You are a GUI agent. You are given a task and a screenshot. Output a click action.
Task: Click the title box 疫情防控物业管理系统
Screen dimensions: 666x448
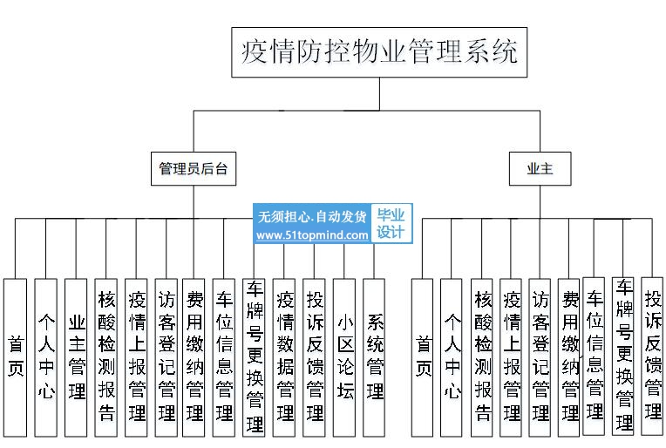[379, 52]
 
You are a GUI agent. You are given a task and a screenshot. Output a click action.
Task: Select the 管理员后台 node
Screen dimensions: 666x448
[194, 168]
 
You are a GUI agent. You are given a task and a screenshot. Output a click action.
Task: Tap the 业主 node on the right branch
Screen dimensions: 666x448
[540, 168]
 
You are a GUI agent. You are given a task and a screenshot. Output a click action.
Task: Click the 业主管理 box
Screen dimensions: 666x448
[76, 357]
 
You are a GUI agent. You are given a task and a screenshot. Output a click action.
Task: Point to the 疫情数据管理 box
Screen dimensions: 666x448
[284, 357]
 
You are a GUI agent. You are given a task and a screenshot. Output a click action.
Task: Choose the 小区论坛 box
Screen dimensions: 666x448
[344, 357]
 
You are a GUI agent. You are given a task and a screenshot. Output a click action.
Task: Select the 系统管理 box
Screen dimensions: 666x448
[374, 357]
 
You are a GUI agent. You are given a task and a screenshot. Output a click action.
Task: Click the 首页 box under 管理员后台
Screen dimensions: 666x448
[16, 357]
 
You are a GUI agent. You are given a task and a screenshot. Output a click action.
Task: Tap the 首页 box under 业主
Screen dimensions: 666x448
[423, 357]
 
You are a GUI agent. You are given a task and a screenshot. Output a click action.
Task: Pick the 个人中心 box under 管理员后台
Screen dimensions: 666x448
[46, 357]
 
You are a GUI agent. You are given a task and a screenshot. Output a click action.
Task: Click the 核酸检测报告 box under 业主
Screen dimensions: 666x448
[482, 357]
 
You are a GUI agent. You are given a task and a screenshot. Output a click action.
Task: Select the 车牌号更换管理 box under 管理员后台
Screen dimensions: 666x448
[254, 357]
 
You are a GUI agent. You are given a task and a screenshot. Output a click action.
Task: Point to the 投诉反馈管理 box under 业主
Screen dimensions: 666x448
[652, 356]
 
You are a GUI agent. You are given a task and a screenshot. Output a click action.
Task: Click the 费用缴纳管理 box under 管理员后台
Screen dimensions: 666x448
[194, 357]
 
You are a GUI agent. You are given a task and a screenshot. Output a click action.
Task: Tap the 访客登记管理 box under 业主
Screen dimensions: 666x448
[540, 357]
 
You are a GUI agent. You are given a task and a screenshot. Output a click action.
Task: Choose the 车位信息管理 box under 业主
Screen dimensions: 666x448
[594, 356]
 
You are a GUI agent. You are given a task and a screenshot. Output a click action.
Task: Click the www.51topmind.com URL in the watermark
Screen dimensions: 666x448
[312, 234]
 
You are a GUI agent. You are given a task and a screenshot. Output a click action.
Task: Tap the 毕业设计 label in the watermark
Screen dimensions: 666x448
[391, 223]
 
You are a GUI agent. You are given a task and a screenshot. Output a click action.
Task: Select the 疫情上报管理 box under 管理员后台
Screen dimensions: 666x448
[136, 357]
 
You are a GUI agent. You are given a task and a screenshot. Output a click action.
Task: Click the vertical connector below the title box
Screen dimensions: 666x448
[379, 94]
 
